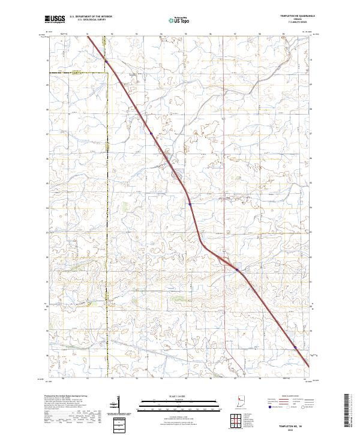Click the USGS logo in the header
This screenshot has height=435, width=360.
click(x=54, y=19)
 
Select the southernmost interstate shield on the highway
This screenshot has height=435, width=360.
click(x=295, y=346)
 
